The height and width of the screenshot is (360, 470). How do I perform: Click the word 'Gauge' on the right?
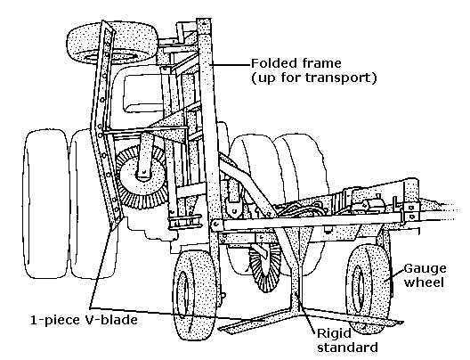[x=425, y=269]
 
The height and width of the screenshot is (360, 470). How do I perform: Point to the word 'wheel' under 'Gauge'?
[x=424, y=282]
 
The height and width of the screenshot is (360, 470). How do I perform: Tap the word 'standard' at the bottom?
[x=347, y=348]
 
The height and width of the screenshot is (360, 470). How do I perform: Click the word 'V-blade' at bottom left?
[x=109, y=320]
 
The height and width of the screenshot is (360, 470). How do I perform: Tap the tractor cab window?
[x=144, y=93]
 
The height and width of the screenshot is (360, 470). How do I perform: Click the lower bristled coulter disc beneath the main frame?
[x=263, y=268]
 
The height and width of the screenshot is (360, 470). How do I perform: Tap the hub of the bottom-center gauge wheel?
[x=183, y=296]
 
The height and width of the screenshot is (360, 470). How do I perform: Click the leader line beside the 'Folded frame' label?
[x=231, y=64]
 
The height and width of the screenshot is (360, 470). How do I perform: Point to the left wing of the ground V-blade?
[x=255, y=322]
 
